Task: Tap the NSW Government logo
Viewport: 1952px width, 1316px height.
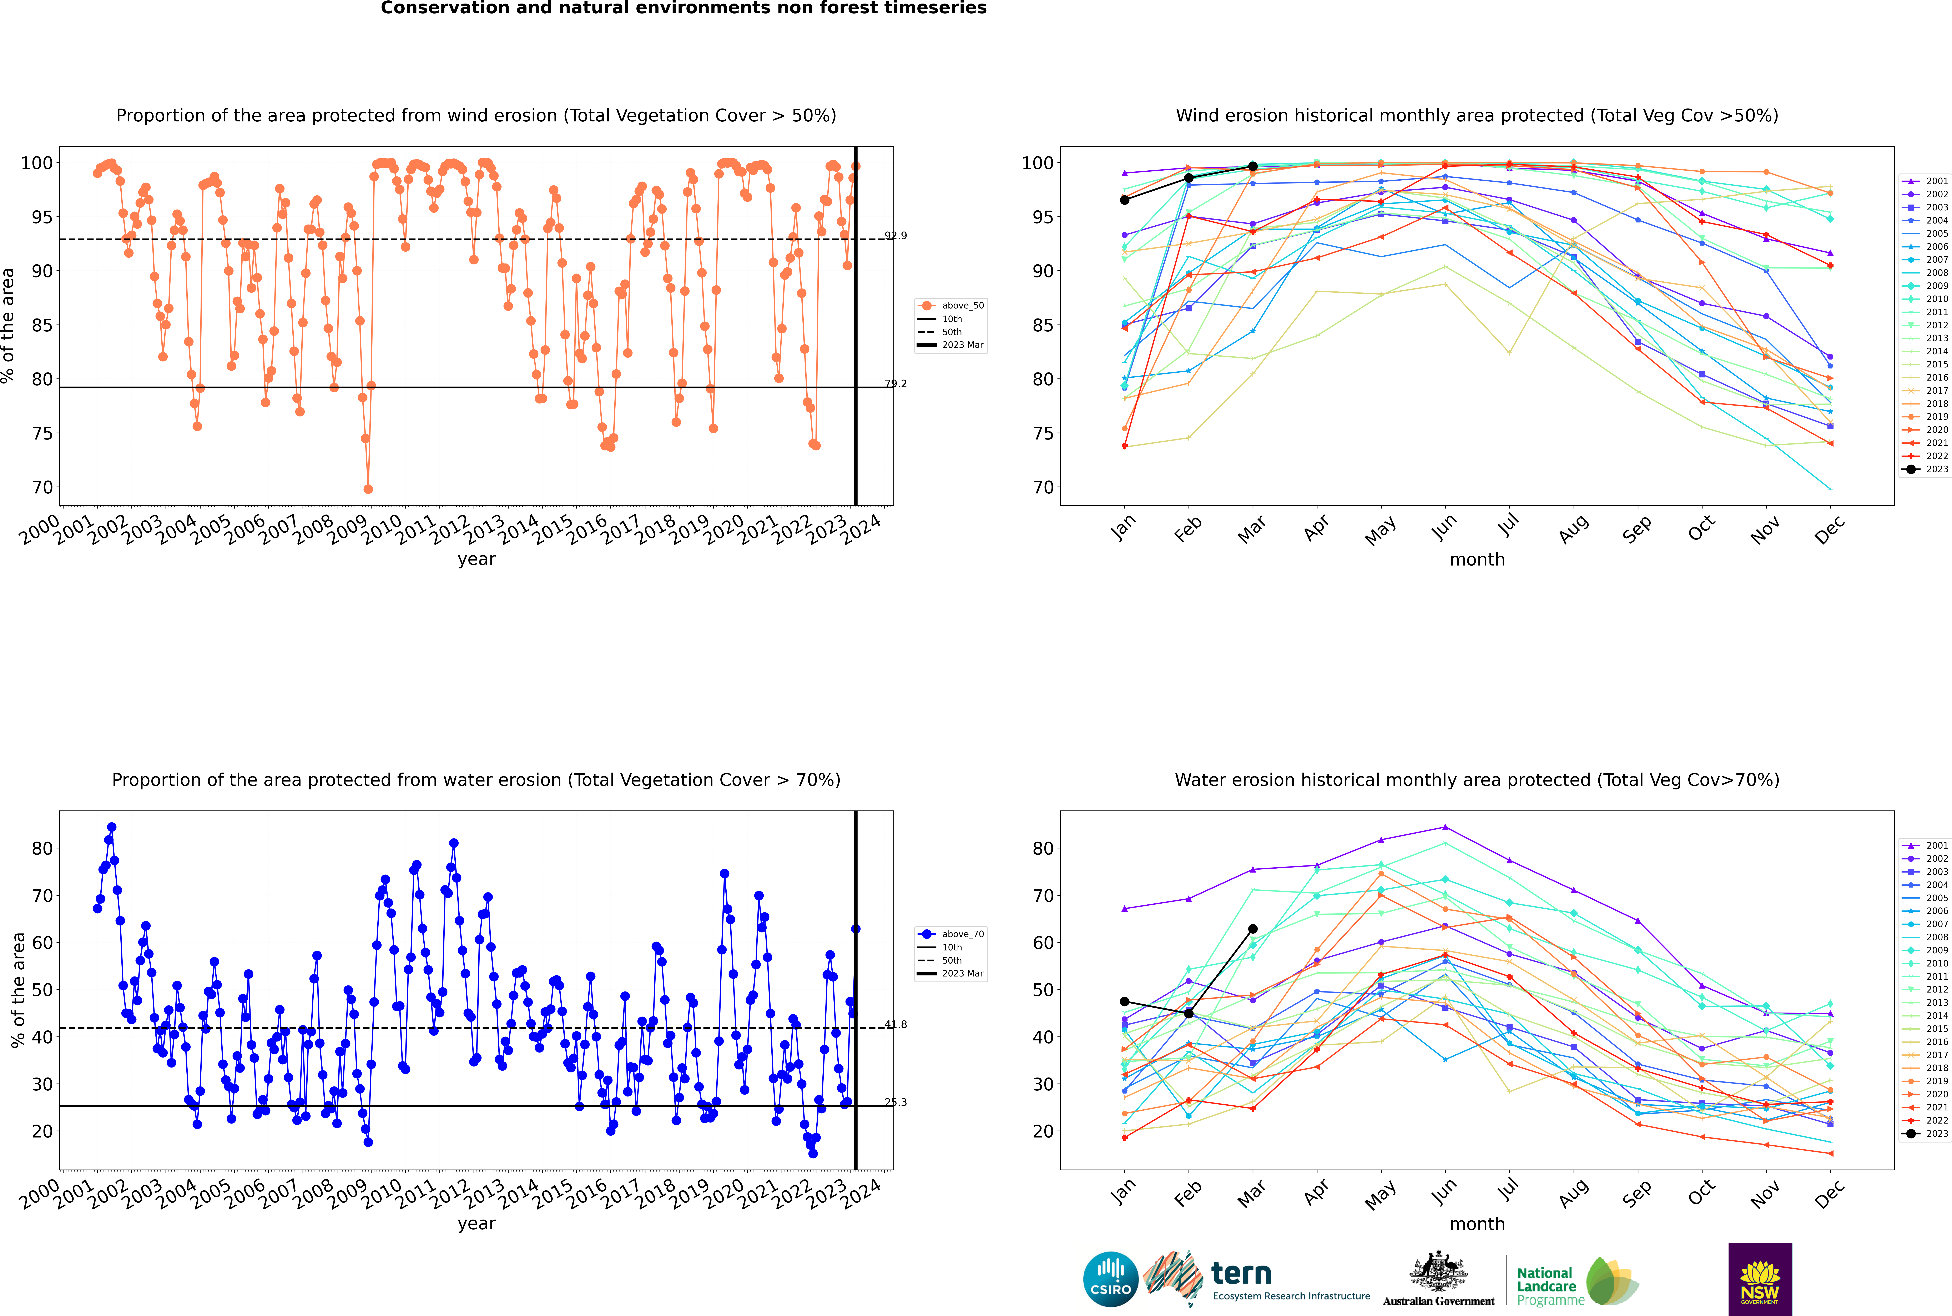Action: point(1760,1278)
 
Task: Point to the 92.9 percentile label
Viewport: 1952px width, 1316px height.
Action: point(896,236)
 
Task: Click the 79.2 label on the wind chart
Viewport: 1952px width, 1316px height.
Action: point(896,383)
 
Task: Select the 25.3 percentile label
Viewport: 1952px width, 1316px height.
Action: point(896,1102)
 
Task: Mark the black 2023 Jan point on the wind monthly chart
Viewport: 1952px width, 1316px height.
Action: point(1125,200)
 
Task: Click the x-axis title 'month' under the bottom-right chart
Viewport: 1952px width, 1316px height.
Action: point(1477,1224)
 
